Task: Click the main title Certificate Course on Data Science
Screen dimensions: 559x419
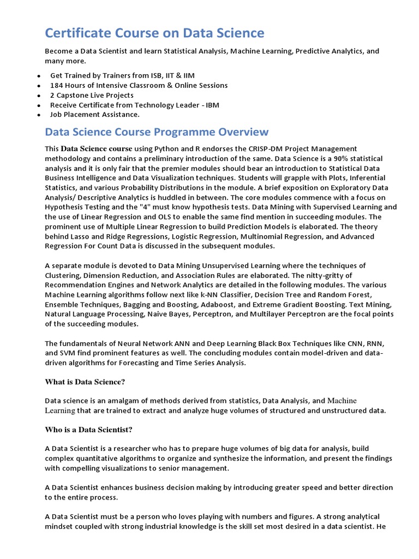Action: (x=154, y=33)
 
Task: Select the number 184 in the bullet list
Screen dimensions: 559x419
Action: (x=57, y=85)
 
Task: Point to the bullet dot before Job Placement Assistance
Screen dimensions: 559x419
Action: (x=38, y=115)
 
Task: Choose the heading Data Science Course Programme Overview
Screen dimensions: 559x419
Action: (x=157, y=132)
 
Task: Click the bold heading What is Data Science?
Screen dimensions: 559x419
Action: (x=85, y=382)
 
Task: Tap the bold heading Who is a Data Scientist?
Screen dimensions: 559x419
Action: (x=88, y=430)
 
